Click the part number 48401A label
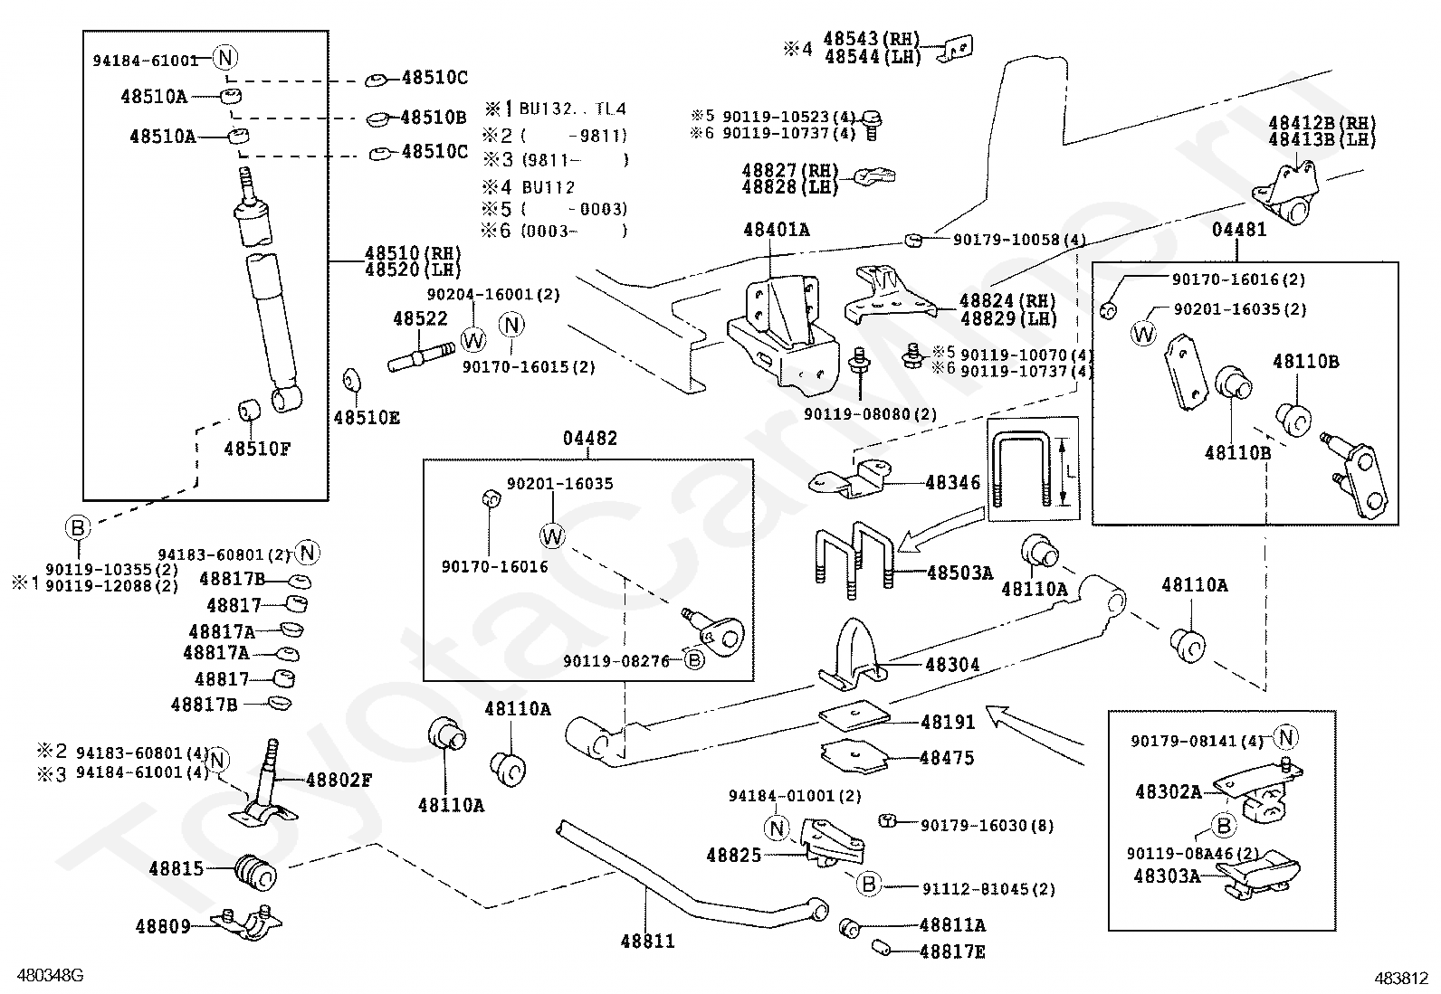[776, 230]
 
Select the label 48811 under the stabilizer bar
[647, 942]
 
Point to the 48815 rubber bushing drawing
[256, 872]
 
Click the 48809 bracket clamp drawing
[246, 924]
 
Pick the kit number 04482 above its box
[590, 439]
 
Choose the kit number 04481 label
[1239, 230]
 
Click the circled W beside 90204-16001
[473, 339]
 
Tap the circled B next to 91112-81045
[868, 884]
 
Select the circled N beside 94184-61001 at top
[225, 58]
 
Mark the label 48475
[947, 758]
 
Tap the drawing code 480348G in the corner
[50, 975]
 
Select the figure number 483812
[1400, 979]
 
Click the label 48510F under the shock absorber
[257, 449]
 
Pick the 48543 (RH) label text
[872, 39]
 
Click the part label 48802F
[339, 780]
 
